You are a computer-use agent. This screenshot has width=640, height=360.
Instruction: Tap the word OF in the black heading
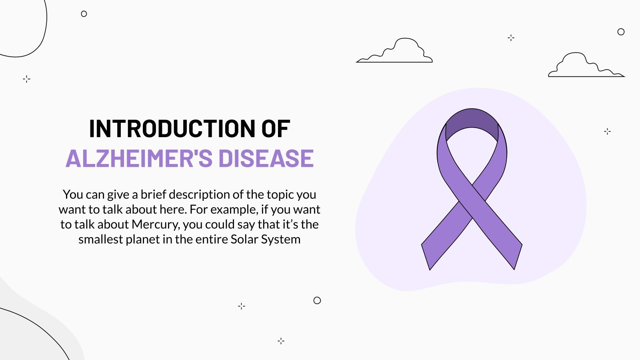click(276, 129)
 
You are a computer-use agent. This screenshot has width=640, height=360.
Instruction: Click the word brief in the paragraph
click(153, 194)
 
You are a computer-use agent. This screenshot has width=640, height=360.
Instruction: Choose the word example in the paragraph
click(234, 210)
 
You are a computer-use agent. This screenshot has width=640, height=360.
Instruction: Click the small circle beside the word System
click(317, 300)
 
